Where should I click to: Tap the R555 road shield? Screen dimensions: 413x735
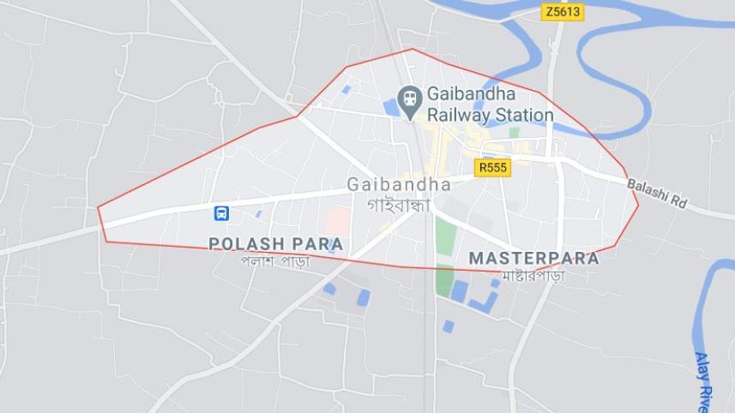492,167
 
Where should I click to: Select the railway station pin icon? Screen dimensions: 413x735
410,99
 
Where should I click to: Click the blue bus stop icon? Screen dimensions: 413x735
221,212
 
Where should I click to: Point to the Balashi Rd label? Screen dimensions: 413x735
658,195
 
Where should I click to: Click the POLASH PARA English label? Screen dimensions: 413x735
275,244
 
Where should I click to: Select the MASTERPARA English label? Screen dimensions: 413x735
533,258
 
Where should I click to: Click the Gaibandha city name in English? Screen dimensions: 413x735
399,184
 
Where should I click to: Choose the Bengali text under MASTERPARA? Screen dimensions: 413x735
533,276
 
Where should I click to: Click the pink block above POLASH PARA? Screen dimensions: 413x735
336,219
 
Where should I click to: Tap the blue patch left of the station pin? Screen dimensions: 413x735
390,108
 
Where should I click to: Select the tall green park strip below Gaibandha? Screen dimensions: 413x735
444,236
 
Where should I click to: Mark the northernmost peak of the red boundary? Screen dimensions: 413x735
413,49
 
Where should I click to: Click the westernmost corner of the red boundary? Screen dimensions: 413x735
98,206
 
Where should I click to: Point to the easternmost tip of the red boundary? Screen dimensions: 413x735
639,205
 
